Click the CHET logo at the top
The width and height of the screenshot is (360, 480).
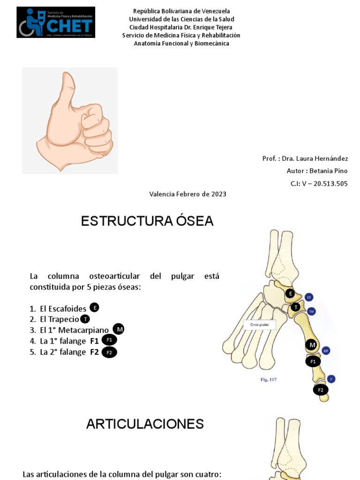coord(56,22)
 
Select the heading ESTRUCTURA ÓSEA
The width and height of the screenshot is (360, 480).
coord(147,221)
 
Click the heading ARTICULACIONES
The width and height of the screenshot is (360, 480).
coord(145,424)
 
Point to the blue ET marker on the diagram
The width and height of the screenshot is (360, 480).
coord(308,297)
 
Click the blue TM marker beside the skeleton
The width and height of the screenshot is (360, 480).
coord(311,311)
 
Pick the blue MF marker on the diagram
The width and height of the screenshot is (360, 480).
coord(326,350)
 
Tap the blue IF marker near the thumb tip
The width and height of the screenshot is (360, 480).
coord(331,379)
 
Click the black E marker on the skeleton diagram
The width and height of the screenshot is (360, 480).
coord(290,294)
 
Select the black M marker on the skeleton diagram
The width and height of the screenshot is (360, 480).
coord(311,345)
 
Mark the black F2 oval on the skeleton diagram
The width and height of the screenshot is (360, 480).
coord(321,390)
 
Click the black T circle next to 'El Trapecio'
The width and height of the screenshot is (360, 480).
coord(85,319)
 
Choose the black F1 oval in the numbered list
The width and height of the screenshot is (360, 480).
coord(109,340)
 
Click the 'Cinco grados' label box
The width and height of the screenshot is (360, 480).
coord(260,325)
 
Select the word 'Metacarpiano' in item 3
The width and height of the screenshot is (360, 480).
coord(85,330)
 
